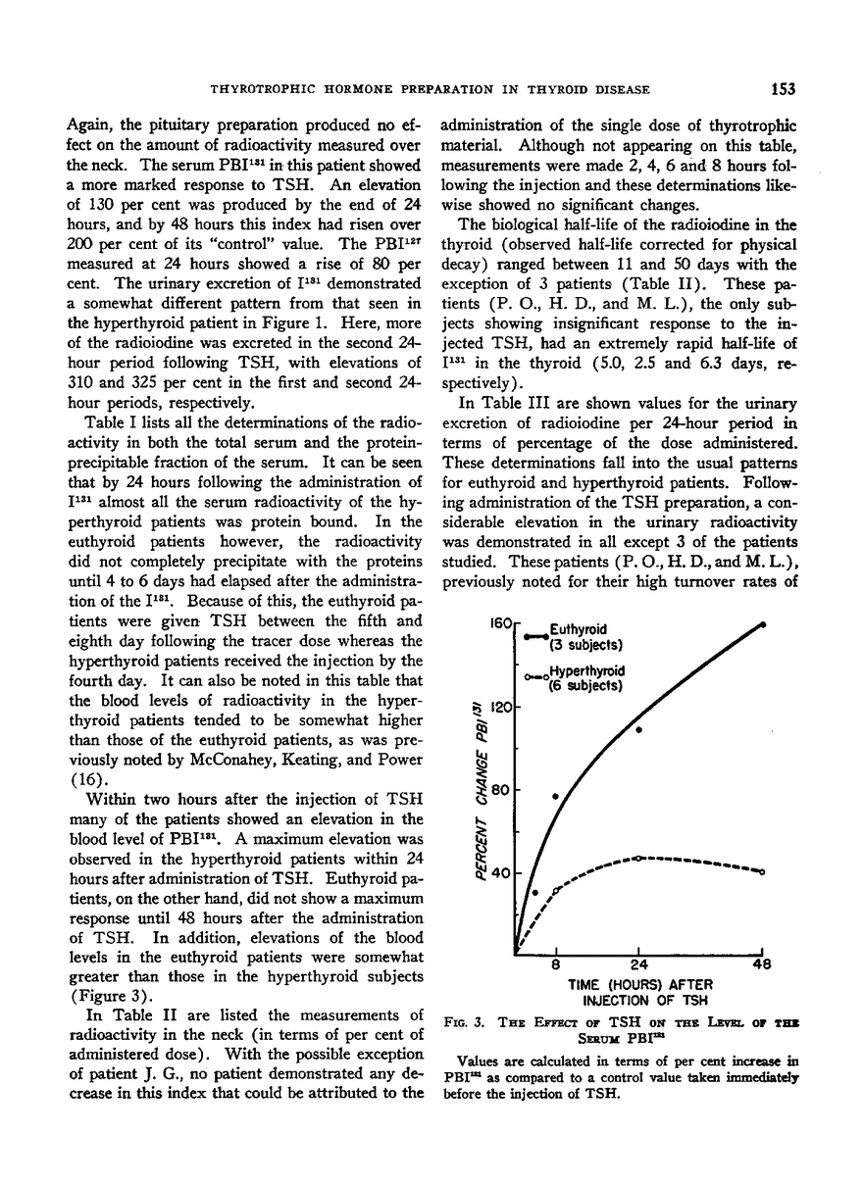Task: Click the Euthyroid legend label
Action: (x=580, y=629)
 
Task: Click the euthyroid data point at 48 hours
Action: (x=763, y=623)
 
